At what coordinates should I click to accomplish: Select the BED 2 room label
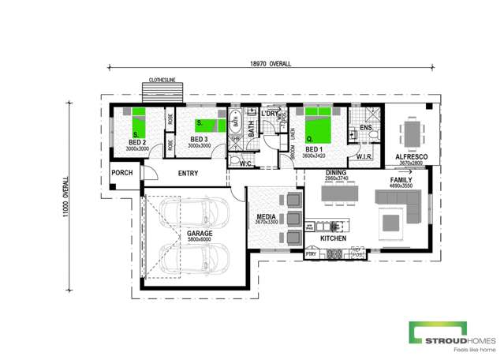coord(137,142)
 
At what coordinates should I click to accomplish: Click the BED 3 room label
coord(199,140)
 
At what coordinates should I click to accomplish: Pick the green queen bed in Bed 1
coord(317,122)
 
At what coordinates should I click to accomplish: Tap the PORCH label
coord(121,174)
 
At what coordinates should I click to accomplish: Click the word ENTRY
coord(188,174)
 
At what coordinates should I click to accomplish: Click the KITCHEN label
coord(333,238)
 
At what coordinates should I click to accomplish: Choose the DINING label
coord(336,172)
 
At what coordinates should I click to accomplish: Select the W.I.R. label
coord(364,157)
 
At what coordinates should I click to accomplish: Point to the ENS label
coord(365,128)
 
